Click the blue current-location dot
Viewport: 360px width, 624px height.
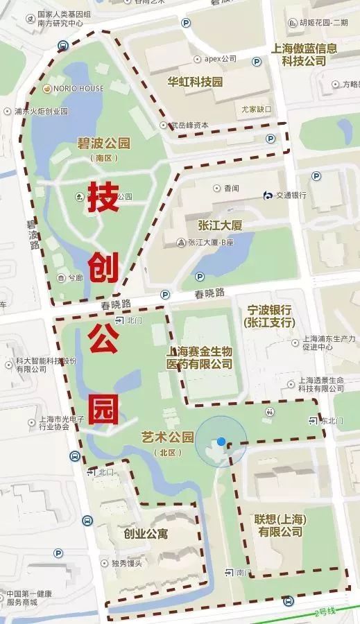[x=221, y=441]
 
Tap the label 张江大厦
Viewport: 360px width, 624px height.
[x=220, y=226]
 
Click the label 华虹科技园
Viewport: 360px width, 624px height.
[x=195, y=81]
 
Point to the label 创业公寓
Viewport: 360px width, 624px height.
[x=146, y=534]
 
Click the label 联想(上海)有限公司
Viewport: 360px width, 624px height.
[x=281, y=526]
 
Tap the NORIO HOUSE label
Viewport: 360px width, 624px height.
[x=78, y=88]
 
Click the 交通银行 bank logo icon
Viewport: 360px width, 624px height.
[x=268, y=195]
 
